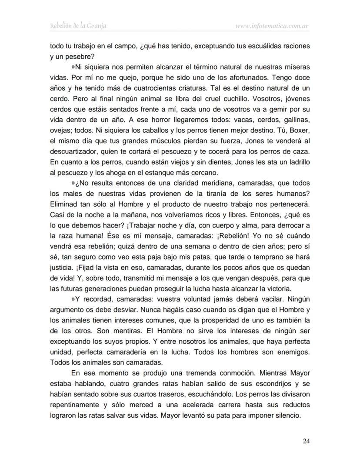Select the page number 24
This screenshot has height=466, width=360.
coord(306,441)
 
